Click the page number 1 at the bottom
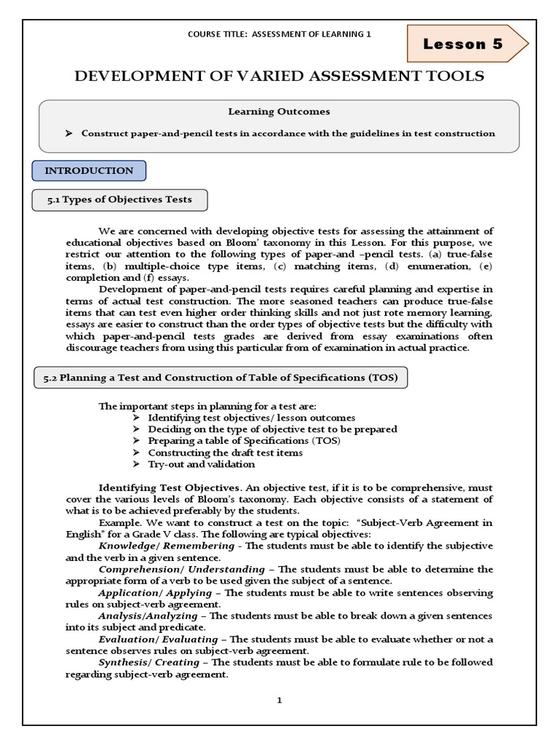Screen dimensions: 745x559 pos(279,700)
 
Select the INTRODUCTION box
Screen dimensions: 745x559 pos(89,171)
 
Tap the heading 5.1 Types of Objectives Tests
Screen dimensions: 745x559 pos(119,200)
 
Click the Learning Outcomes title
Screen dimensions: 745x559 pos(279,112)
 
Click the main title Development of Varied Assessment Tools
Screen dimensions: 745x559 pos(279,76)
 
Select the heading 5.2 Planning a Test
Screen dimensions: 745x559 pos(221,378)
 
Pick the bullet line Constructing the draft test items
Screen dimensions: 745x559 pos(226,453)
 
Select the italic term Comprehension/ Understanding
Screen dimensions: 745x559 pos(182,569)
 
